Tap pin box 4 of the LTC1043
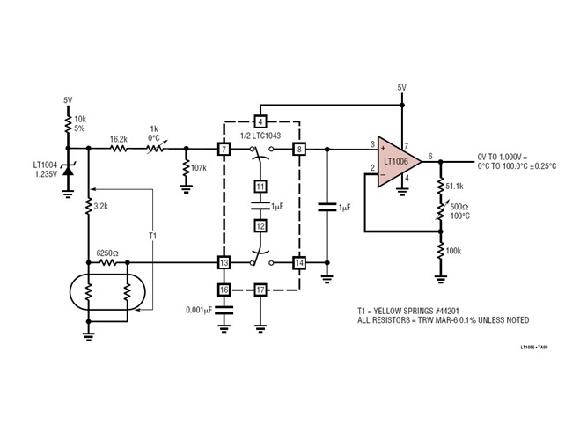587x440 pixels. [x=260, y=121]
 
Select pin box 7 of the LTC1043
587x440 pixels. [x=224, y=150]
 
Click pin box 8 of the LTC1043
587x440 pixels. [x=299, y=150]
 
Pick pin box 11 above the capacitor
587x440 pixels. [x=260, y=187]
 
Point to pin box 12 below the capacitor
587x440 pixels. [x=260, y=226]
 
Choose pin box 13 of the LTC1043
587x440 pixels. [x=224, y=262]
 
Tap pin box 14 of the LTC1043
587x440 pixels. [x=299, y=262]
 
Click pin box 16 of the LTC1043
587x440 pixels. [x=224, y=289]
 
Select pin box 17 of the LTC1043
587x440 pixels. [x=260, y=289]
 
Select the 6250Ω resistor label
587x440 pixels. [x=107, y=252]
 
